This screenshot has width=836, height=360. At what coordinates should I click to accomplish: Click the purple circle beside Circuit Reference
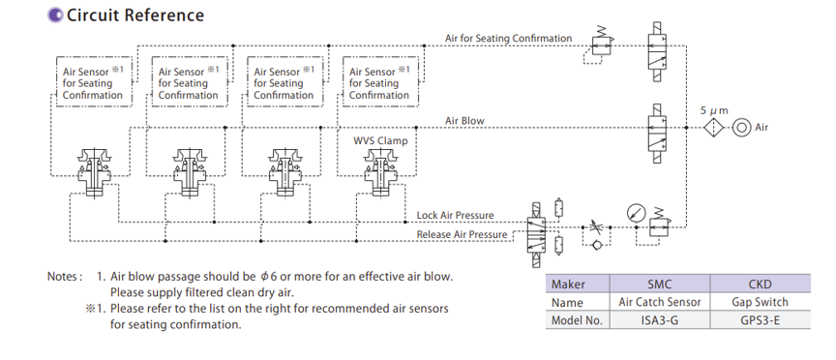pos(55,15)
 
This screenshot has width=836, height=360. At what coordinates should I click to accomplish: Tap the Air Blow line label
pos(464,121)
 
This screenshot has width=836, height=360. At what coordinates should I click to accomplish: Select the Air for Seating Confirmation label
pos(509,39)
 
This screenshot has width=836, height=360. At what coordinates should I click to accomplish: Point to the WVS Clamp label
pos(380,140)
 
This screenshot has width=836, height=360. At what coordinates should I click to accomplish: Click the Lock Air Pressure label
pos(456,216)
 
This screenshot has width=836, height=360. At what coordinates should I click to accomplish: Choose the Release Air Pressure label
pos(462,234)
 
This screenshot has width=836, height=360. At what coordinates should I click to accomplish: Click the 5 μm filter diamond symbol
pos(713,128)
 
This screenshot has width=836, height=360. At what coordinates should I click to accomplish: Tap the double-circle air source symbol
pos(741,128)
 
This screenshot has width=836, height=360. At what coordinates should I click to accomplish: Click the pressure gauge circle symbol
pos(637,213)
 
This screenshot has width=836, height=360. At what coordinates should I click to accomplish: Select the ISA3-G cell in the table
pos(660,320)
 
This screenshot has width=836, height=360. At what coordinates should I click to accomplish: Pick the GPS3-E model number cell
pos(760,320)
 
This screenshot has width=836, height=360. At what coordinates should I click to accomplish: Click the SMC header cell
pos(660,284)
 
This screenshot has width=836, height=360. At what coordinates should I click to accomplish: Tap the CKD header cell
pos(760,284)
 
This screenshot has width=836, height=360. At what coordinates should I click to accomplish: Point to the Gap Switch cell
pos(760,302)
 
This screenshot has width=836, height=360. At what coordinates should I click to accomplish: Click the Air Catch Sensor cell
pos(660,302)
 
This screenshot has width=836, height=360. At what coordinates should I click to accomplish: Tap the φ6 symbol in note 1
pos(265,277)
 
